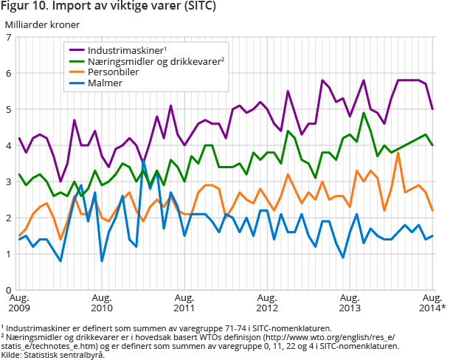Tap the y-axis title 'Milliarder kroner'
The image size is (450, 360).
click(x=44, y=24)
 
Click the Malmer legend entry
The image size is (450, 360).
click(x=105, y=83)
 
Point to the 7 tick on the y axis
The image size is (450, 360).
click(x=8, y=38)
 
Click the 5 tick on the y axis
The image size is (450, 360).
click(x=8, y=110)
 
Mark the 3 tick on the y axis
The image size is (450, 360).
click(x=8, y=182)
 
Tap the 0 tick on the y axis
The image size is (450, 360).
click(x=8, y=291)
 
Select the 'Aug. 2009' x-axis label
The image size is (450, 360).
click(x=20, y=302)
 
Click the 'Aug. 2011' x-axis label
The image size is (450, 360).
click(x=184, y=302)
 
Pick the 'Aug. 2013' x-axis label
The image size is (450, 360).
click(x=350, y=302)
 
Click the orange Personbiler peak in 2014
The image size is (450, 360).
click(x=398, y=153)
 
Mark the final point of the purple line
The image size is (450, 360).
click(x=432, y=109)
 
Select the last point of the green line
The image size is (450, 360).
click(x=432, y=145)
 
